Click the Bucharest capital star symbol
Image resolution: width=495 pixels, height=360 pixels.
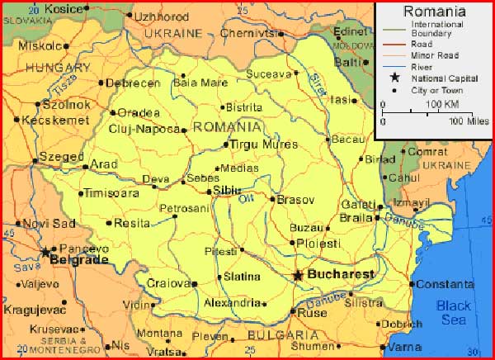(x=298, y=275)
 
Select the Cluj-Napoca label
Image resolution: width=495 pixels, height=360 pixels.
(x=144, y=129)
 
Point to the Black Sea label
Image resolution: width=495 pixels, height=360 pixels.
(x=454, y=313)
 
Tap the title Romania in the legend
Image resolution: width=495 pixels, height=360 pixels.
(x=435, y=12)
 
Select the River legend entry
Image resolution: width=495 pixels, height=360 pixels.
(x=421, y=66)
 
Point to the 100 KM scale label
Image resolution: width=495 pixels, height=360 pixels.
(x=442, y=105)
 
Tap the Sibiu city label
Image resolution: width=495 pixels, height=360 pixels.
(x=228, y=190)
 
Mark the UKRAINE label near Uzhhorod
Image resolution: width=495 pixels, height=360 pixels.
(x=173, y=34)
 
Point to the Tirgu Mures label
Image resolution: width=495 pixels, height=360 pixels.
(x=262, y=144)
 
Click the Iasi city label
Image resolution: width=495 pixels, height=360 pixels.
(x=339, y=99)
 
